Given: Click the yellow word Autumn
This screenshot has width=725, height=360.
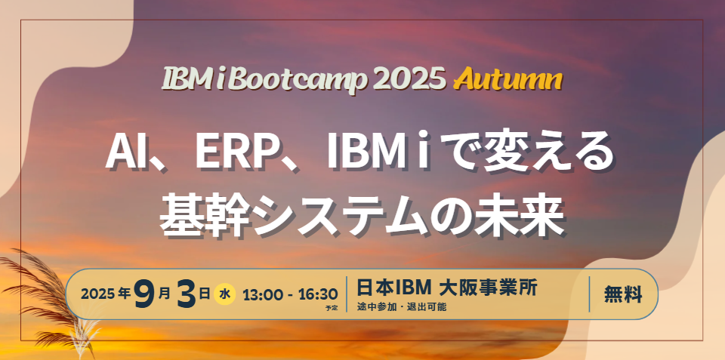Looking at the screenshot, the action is click(x=507, y=81).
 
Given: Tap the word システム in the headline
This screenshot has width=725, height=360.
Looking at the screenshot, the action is click(x=344, y=217).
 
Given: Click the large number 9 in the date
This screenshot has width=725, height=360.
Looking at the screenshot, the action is click(x=144, y=294).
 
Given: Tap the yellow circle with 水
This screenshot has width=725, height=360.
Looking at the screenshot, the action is click(x=224, y=294).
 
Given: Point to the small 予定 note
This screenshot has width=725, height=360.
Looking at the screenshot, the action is click(x=332, y=308).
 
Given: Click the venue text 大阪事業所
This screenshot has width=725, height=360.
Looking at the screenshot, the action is click(x=489, y=288).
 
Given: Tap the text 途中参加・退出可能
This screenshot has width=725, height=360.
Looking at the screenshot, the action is click(x=401, y=306).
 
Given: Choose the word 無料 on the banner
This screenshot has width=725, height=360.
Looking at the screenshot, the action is click(x=623, y=294).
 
